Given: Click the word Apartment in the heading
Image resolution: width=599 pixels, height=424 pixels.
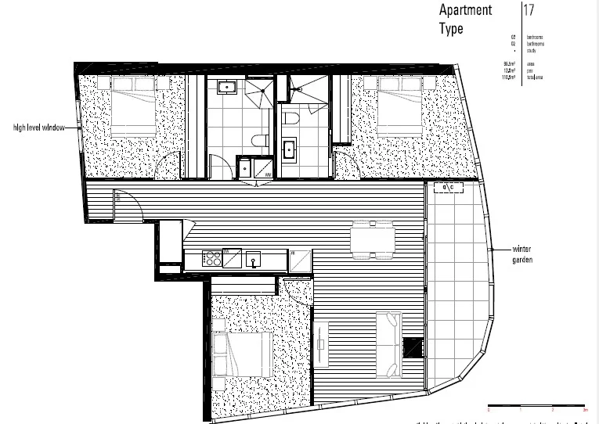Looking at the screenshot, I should [x=465, y=11].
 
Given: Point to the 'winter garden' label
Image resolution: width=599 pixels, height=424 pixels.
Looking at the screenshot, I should [x=522, y=254].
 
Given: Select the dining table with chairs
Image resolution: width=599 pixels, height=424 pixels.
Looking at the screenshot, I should [x=372, y=239].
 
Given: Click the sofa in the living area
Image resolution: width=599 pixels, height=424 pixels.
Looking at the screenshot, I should [x=389, y=335].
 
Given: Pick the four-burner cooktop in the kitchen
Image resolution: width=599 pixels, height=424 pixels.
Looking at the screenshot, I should [x=211, y=258].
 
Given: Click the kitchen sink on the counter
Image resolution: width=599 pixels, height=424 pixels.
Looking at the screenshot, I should [x=253, y=259].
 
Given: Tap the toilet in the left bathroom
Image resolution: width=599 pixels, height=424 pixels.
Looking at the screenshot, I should [x=259, y=141].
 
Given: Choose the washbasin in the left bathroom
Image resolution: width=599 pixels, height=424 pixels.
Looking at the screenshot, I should [x=229, y=87].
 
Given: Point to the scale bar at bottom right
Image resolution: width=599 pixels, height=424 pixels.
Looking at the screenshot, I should [x=536, y=408].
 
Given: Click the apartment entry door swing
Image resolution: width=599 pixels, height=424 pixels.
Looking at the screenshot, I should [x=128, y=205].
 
